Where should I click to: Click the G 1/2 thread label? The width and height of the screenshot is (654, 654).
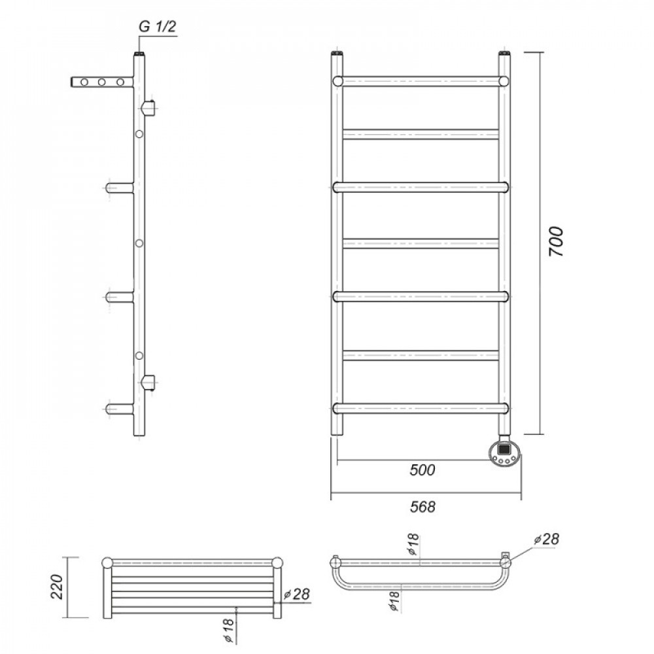pyautogui.click(x=157, y=26)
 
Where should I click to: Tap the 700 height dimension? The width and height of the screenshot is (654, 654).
pyautogui.click(x=555, y=241)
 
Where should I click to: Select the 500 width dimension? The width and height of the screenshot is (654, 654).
pyautogui.click(x=422, y=470)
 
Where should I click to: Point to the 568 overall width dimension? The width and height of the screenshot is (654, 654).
pyautogui.click(x=422, y=507)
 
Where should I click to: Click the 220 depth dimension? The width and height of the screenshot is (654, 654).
pyautogui.click(x=57, y=587)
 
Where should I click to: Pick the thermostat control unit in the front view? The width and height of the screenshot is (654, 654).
pyautogui.click(x=505, y=453)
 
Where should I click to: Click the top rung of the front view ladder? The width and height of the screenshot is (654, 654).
pyautogui.click(x=421, y=81)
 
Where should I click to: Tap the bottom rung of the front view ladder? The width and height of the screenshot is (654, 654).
pyautogui.click(x=421, y=408)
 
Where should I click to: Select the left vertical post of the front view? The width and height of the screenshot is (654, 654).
pyautogui.click(x=337, y=244)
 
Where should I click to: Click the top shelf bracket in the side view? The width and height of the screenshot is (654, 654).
pyautogui.click(x=102, y=82)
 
